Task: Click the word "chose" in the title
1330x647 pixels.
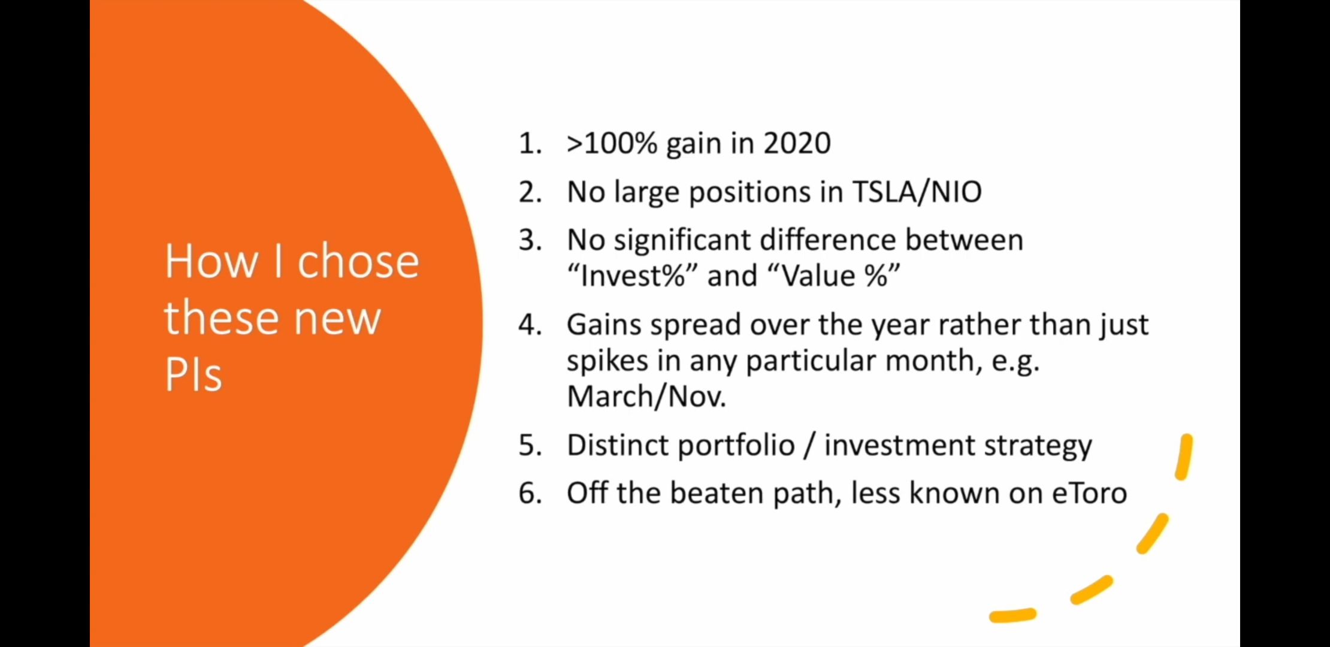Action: point(358,261)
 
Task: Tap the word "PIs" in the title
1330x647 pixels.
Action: point(193,374)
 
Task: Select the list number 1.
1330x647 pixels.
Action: point(530,144)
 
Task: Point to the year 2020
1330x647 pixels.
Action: point(797,144)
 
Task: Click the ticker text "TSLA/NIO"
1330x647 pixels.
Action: point(917,192)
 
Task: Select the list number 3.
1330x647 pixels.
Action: point(530,240)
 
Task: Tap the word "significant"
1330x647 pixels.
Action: point(682,241)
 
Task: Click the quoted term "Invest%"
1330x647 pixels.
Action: point(632,276)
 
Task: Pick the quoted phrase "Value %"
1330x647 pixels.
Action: point(833,276)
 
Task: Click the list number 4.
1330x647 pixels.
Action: point(530,325)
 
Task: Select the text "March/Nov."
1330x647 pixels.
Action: point(646,397)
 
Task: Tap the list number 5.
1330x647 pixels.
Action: point(530,446)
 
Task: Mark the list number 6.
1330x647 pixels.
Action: point(530,494)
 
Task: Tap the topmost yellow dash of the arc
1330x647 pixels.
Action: point(1184,457)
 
